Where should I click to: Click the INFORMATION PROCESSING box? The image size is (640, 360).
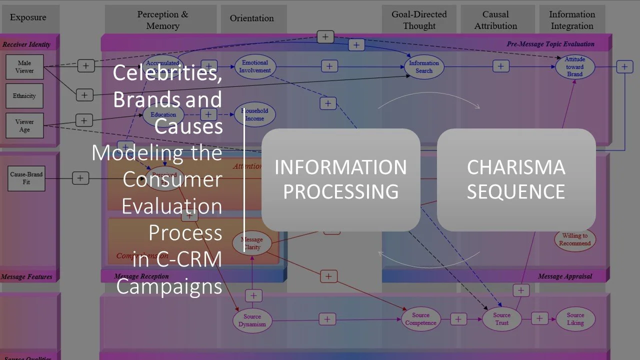click(x=340, y=179)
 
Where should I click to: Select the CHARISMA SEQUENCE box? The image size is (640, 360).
click(x=516, y=179)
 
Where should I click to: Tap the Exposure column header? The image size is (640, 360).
click(x=28, y=18)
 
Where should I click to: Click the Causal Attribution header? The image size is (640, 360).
click(x=495, y=20)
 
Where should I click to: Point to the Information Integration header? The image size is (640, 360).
click(x=572, y=20)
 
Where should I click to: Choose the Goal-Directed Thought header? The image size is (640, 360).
click(x=419, y=20)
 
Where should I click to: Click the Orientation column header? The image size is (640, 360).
click(x=252, y=18)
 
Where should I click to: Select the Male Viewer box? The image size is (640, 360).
click(x=24, y=67)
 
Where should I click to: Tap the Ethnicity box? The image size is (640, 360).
click(x=24, y=96)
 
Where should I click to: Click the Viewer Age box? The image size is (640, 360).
click(x=24, y=125)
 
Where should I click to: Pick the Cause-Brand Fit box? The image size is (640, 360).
click(x=26, y=178)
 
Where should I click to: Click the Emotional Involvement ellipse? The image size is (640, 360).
click(x=255, y=66)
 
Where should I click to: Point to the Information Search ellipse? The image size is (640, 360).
click(x=423, y=67)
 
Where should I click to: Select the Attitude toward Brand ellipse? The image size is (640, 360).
click(x=574, y=67)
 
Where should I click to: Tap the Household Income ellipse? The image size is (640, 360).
click(x=255, y=115)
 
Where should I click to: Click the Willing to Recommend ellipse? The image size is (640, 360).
click(x=574, y=239)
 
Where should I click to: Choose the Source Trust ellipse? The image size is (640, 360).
click(x=501, y=319)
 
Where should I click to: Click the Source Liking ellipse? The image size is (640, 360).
click(x=575, y=319)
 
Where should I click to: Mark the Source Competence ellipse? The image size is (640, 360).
click(x=420, y=319)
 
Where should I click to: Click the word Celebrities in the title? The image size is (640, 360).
click(x=167, y=73)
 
